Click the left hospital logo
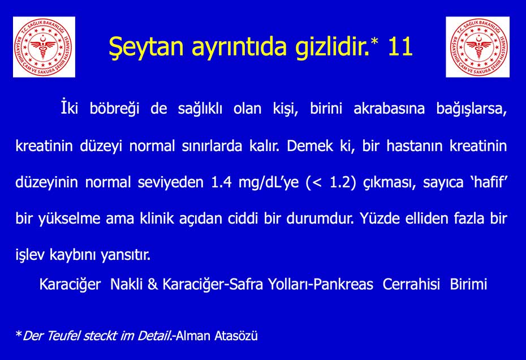coord(44,47)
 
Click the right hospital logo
coord(478,47)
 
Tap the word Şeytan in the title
coord(146,48)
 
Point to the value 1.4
coord(221,182)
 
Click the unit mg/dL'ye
coord(268,183)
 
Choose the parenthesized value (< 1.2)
coord(330,183)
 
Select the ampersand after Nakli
coord(153,285)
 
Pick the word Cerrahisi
coord(411,284)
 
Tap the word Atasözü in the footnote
coord(236,336)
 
